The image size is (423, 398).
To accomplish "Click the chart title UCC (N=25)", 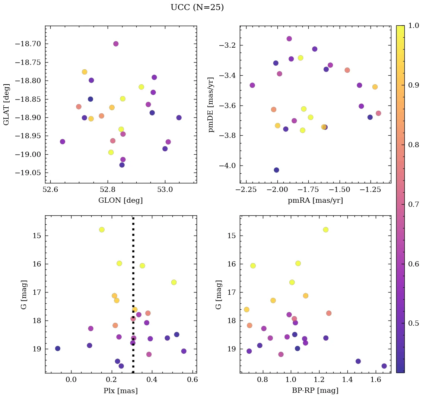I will (x=197, y=7).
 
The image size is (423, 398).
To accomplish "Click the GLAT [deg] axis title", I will (x=6, y=104).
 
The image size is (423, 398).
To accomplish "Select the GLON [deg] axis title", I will (x=121, y=200).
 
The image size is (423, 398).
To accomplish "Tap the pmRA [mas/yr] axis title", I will (x=315, y=200).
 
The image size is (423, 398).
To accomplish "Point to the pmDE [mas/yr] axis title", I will (x=211, y=104).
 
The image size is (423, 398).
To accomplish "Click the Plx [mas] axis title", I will (x=121, y=391).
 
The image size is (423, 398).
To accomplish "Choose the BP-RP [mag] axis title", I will (x=315, y=391).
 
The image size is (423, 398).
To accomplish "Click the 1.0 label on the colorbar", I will (x=414, y=26).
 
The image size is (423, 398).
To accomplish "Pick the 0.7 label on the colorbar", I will (x=414, y=204).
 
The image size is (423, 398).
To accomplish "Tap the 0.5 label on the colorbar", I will (x=414, y=323).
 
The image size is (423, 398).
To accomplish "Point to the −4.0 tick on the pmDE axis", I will (x=227, y=166).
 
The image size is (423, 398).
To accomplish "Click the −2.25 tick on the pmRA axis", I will (x=246, y=190).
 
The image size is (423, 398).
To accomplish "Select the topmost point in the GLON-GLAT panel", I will (x=116, y=44).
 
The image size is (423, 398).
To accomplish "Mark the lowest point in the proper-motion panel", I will (x=276, y=170).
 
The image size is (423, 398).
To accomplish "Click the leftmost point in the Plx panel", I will (x=58, y=348).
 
